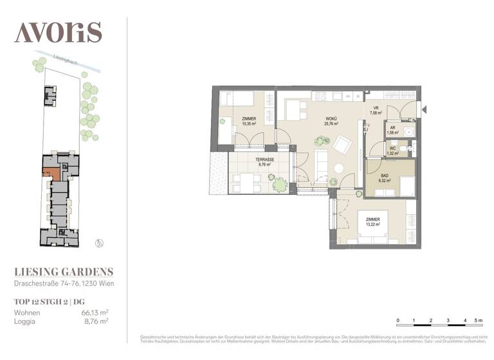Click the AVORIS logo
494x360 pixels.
(58, 32)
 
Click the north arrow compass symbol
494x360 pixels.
(98, 242)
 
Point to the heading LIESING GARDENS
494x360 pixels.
(64, 272)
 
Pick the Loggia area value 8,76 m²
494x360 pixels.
(95, 321)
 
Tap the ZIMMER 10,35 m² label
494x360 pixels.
(249, 121)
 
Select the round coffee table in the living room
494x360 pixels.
(338, 168)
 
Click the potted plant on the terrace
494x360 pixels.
(279, 184)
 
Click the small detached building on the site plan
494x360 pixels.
(50, 96)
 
